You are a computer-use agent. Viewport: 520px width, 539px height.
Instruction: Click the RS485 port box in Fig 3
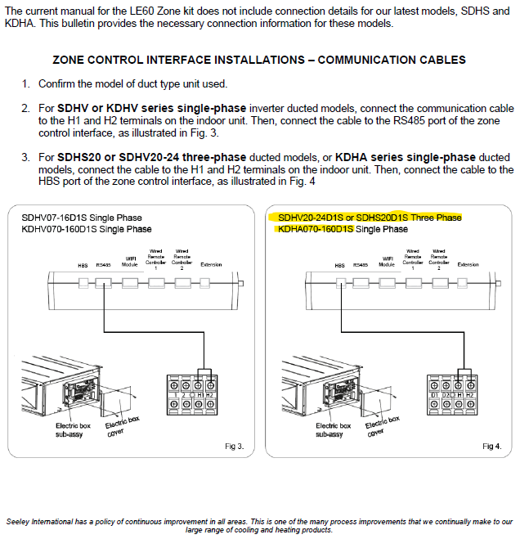pyautogui.click(x=104, y=283)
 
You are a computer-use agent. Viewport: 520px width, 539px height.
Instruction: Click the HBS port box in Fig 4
pyautogui.click(x=340, y=283)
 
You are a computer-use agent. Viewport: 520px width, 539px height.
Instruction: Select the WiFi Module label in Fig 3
pyautogui.click(x=130, y=262)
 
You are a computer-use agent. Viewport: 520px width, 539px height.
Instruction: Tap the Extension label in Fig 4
pyautogui.click(x=468, y=265)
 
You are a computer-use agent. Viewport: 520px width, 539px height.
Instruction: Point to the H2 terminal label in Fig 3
pyautogui.click(x=209, y=395)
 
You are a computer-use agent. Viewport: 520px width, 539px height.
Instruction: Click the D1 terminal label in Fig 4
pyautogui.click(x=435, y=395)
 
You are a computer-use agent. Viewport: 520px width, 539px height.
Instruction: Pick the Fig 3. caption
pyautogui.click(x=235, y=446)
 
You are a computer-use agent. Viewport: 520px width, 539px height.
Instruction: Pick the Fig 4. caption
pyautogui.click(x=491, y=446)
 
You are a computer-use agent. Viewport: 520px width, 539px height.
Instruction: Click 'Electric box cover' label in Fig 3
pyautogui.click(x=121, y=427)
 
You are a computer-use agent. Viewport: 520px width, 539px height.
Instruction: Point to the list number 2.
pyautogui.click(x=25, y=108)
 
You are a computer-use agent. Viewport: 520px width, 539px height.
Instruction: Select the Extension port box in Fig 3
pyautogui.click(x=212, y=283)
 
